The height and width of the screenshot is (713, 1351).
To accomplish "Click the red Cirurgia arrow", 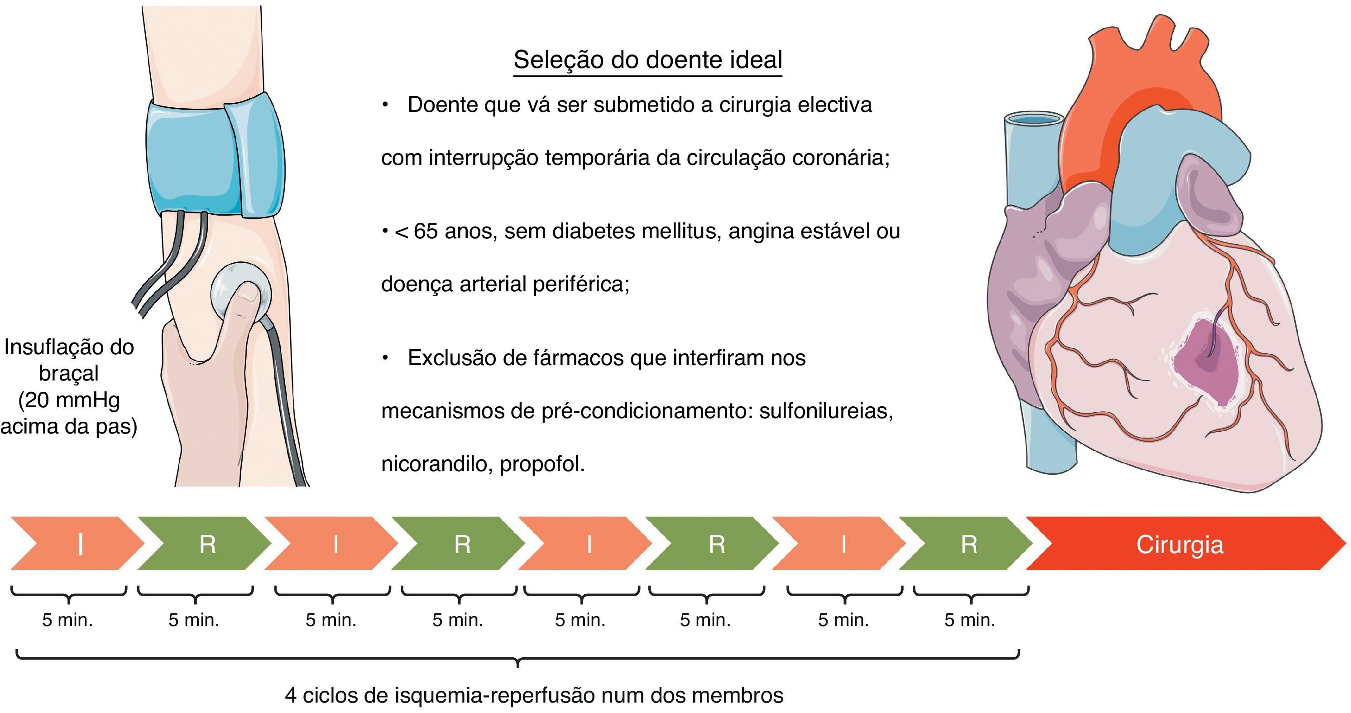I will tap(1180, 544).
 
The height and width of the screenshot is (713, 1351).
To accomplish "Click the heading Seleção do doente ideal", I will tap(648, 60).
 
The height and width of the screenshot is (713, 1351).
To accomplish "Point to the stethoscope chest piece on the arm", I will tap(241, 294).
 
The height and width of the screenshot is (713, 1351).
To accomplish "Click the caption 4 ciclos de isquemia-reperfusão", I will tap(534, 695).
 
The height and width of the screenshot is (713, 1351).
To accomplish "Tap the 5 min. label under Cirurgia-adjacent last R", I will tap(970, 620).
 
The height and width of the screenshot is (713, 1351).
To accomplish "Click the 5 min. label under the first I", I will tap(67, 620).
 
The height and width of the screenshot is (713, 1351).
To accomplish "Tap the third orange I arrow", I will tap(589, 544).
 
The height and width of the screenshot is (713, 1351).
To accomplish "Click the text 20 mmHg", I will tap(69, 400).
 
